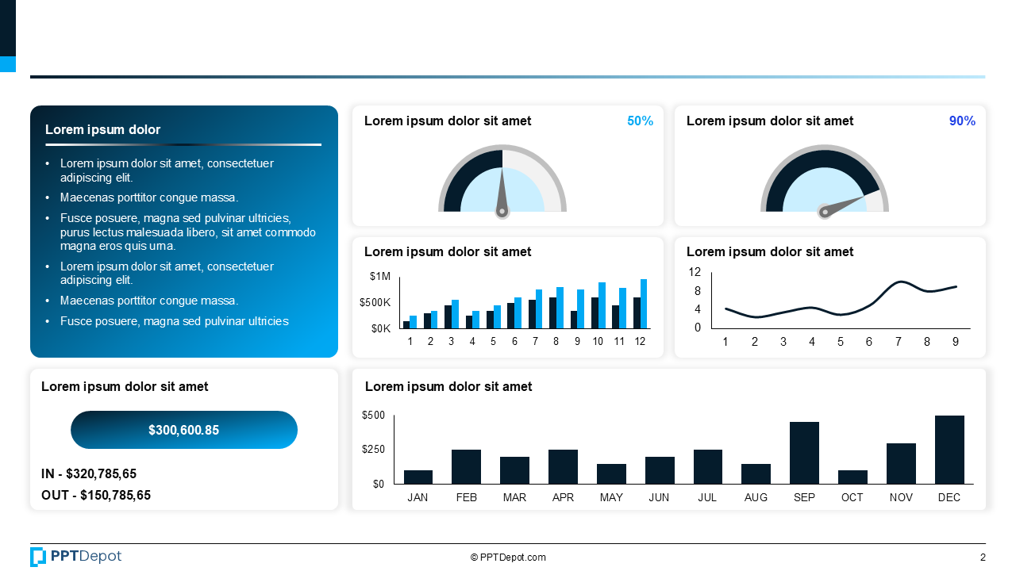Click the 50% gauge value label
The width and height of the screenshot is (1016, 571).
(640, 121)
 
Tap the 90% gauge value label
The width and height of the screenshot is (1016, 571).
(962, 121)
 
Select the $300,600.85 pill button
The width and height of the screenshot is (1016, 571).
(184, 430)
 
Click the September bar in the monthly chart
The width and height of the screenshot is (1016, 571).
(804, 453)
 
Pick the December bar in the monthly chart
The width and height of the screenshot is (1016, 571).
(949, 450)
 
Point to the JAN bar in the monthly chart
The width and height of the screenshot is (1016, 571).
(418, 477)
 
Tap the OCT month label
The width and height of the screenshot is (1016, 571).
(852, 497)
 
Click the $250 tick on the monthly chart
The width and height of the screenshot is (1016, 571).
(373, 450)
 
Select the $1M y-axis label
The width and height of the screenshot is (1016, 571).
(380, 276)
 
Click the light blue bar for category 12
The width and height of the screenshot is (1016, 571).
(644, 304)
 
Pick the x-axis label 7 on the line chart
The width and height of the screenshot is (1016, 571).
(899, 342)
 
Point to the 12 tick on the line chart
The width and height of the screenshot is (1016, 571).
(695, 272)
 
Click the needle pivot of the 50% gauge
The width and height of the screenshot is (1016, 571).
(502, 211)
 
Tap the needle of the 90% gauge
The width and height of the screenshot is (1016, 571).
(845, 203)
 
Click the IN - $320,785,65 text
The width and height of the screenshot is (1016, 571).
(89, 474)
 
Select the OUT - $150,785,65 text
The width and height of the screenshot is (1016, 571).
(96, 496)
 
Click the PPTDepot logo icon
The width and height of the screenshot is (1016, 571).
(38, 557)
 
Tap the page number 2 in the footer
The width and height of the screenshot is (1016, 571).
(983, 558)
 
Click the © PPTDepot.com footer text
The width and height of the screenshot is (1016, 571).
(508, 558)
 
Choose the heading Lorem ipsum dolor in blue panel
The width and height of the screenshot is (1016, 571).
(102, 130)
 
